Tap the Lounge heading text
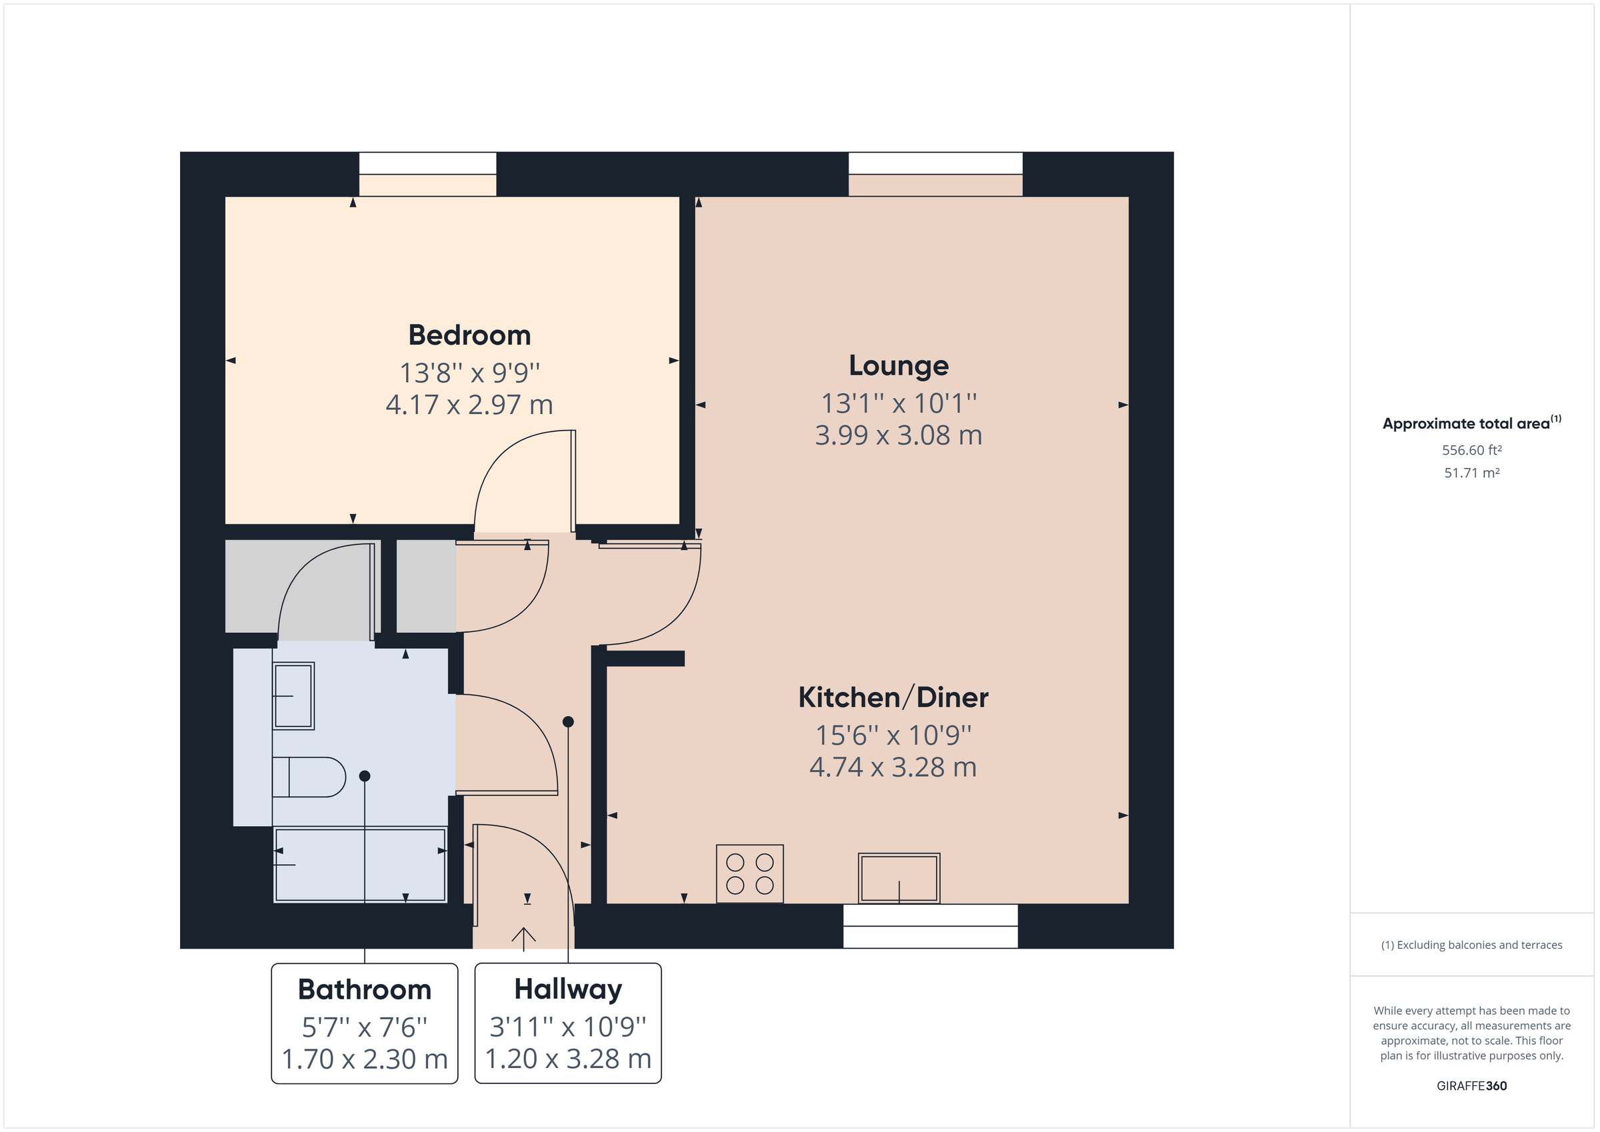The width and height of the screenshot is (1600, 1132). point(898,366)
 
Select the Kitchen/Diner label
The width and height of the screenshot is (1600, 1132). point(893,698)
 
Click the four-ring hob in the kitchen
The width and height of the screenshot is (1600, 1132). point(750,873)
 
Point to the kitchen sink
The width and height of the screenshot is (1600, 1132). point(898,878)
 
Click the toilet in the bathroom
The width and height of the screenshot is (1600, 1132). point(309,777)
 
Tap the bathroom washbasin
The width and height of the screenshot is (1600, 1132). point(293,695)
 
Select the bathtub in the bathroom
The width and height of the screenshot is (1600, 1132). point(360,865)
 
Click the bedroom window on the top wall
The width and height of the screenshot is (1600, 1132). point(427,165)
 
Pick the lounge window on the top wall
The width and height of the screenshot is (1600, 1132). point(935,165)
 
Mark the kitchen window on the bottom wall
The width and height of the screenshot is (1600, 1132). point(929,927)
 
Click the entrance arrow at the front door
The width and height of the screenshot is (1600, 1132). point(523,938)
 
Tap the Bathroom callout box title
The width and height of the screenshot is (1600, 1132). point(365,990)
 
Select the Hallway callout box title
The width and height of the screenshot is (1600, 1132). point(568,989)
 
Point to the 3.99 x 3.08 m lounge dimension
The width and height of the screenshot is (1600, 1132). point(898,435)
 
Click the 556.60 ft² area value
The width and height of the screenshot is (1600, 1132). point(1471,450)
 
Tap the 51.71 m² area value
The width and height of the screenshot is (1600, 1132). point(1471,473)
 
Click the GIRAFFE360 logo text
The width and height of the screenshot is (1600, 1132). point(1471,1086)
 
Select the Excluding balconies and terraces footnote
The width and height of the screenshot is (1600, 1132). point(1471,945)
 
